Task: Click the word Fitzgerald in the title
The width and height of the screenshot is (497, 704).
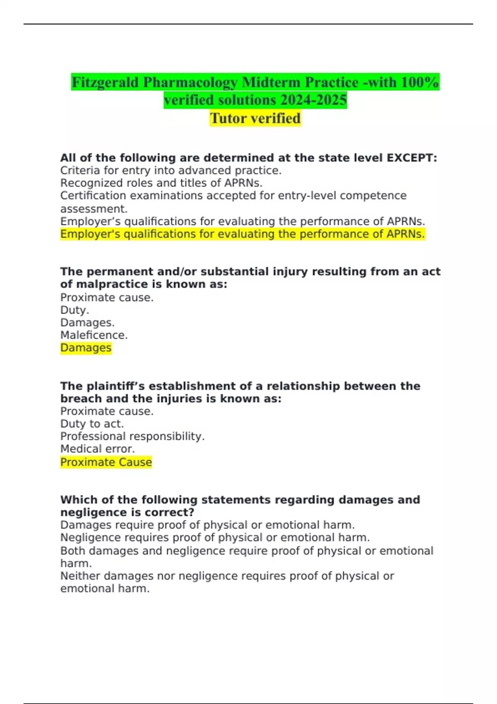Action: coord(105,82)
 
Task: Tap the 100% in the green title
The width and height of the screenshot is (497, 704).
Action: coord(419,82)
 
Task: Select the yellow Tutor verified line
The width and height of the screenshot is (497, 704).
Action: coord(255,118)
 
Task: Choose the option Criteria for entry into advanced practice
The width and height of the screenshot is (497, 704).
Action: coord(171,171)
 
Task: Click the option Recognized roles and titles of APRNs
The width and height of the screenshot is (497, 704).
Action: coord(161,183)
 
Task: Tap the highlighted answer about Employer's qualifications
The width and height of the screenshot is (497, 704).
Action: coord(242,234)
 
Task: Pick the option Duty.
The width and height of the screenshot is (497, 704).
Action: coord(75,310)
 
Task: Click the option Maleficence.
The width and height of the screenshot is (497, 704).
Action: coord(94,335)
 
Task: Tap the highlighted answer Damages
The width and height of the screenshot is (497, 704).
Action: coord(86,348)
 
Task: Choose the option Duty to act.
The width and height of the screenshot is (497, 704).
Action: coord(92,424)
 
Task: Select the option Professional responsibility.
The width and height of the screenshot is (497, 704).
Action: coord(132,436)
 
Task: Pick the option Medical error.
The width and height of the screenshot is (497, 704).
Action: coord(97,449)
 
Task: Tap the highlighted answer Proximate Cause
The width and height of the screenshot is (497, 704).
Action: coord(106,462)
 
